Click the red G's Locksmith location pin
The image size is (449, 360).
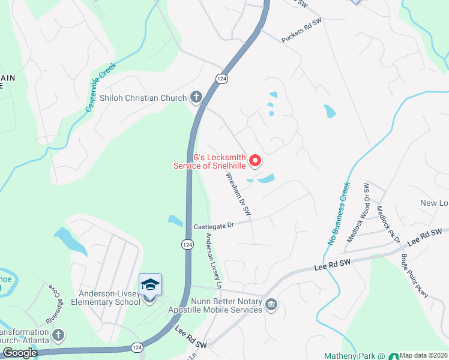[255, 160]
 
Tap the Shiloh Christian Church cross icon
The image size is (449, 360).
[196, 97]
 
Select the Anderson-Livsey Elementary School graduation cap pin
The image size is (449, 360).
[150, 284]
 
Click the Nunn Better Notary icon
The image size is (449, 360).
[271, 305]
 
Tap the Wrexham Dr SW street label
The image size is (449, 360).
[238, 195]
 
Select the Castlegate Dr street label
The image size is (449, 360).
[213, 226]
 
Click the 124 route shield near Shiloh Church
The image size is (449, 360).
[222, 79]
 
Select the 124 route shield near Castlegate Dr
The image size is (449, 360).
[187, 244]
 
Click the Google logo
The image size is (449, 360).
[20, 353]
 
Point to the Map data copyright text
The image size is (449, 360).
[424, 355]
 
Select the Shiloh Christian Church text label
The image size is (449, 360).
[143, 97]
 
